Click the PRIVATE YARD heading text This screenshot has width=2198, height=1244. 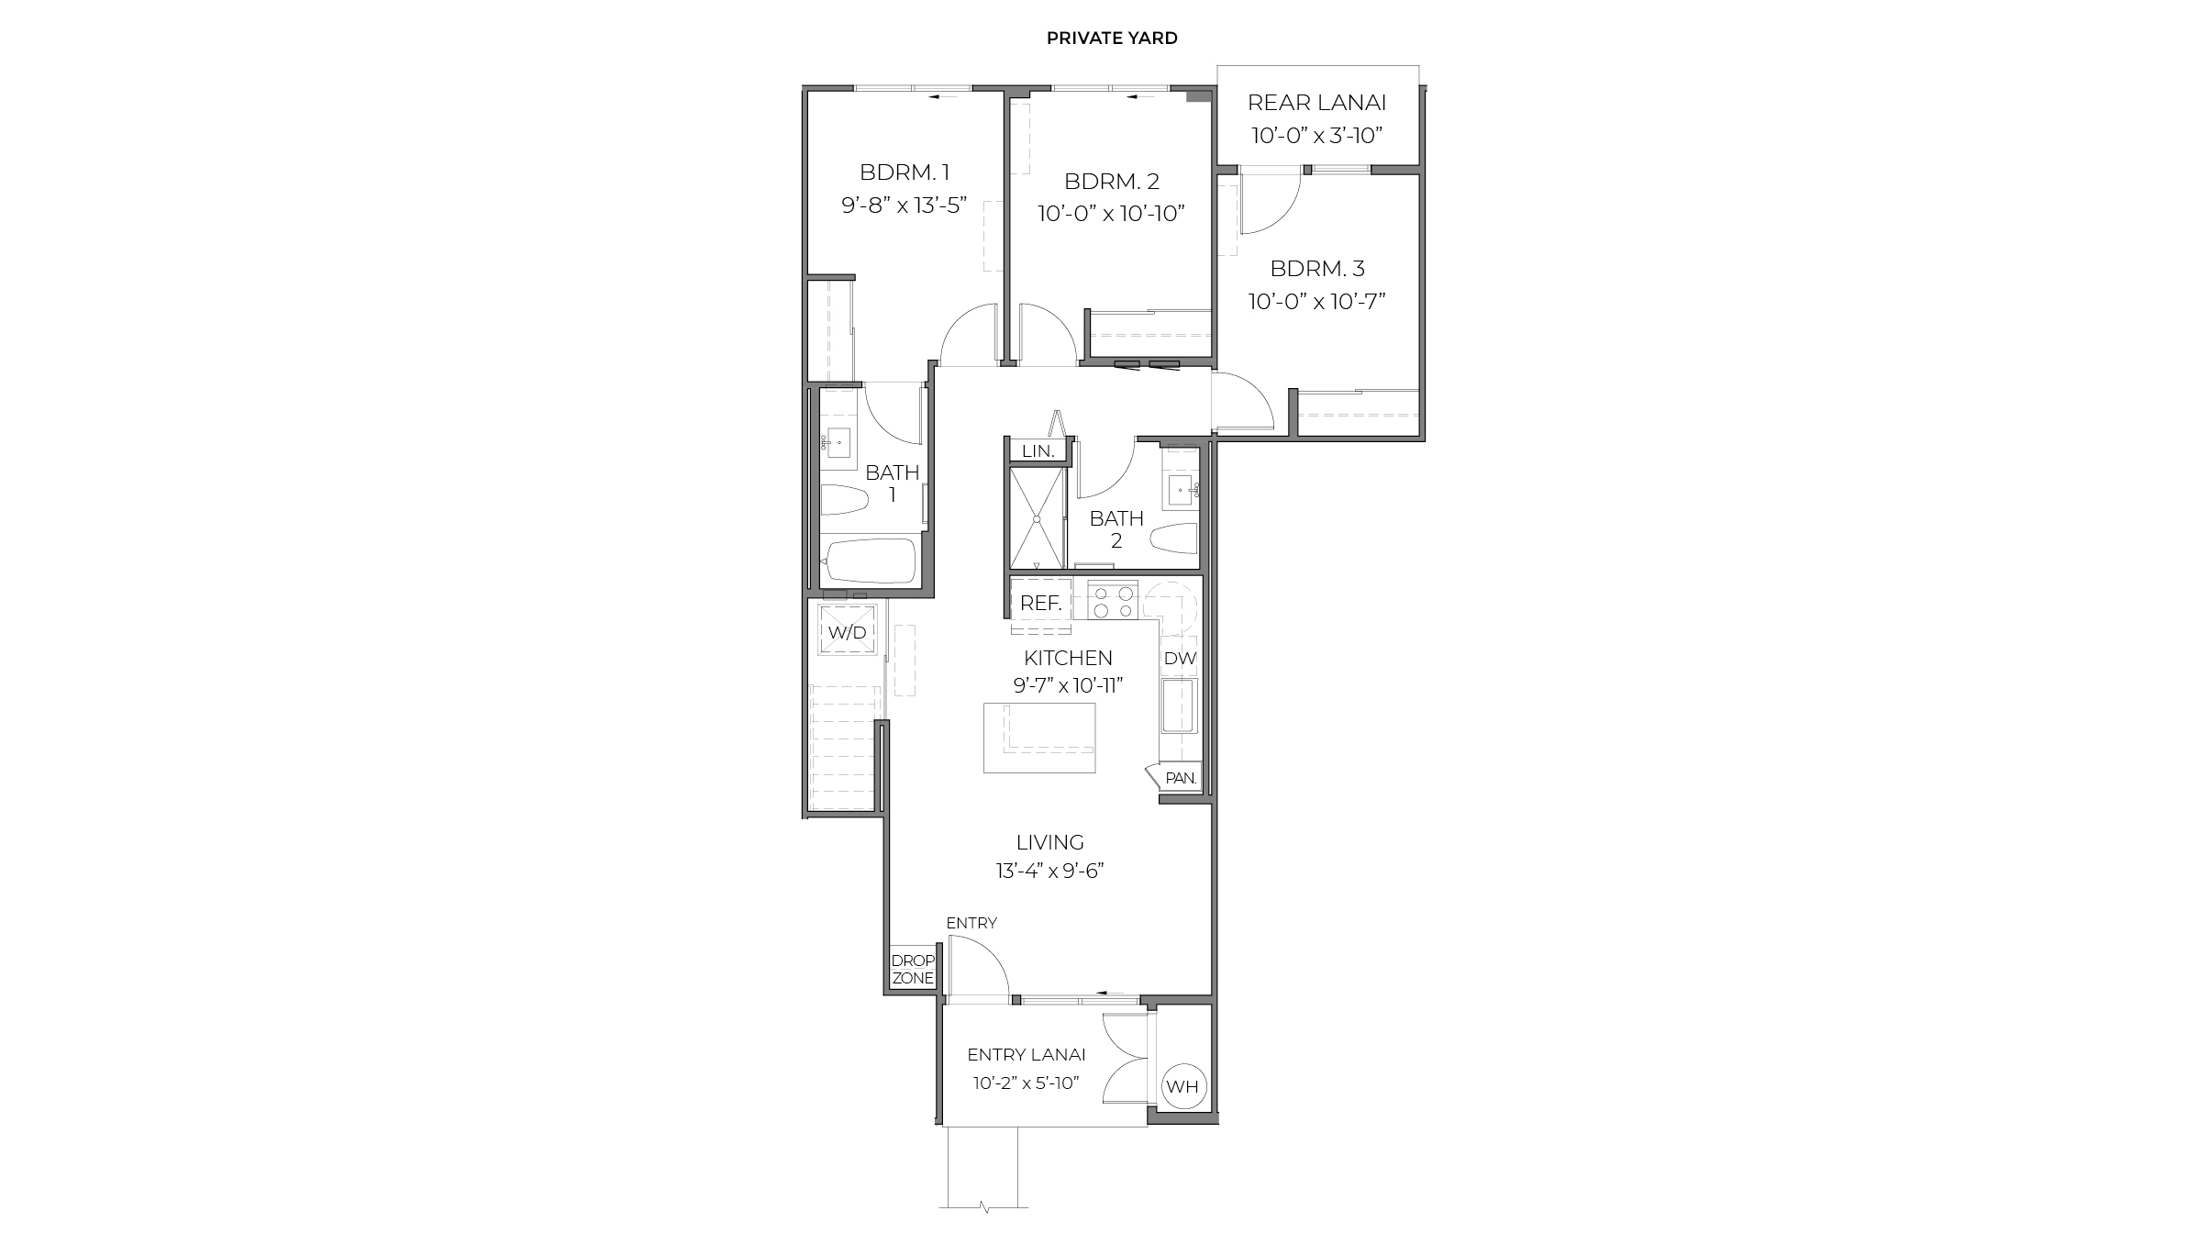point(1112,39)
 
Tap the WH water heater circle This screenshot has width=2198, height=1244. point(1182,1087)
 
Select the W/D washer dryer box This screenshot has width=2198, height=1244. point(848,632)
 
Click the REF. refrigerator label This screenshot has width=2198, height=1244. point(1040,604)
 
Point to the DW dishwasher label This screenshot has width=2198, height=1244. point(1179,659)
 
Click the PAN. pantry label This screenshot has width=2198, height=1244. point(1180,778)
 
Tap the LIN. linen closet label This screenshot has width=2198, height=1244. point(1038,451)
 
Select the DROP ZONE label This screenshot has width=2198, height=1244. point(913,970)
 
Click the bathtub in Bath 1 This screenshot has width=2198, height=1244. point(870,561)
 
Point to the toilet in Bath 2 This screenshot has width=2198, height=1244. point(1174,539)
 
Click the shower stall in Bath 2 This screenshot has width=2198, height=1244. point(1038,519)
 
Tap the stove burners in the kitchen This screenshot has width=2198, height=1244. point(1112,602)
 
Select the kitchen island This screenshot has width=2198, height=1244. point(1039,738)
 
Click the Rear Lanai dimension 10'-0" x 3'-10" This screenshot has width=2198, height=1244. point(1316,136)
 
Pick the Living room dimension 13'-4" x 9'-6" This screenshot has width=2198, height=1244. point(1049,871)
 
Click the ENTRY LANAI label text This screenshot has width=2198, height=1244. point(1026,1055)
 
